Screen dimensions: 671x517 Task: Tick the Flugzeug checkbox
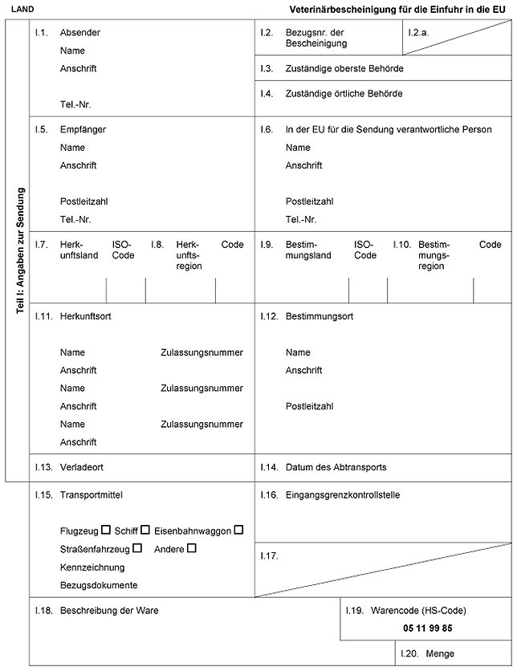(x=106, y=530)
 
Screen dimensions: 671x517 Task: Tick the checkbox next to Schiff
(x=145, y=530)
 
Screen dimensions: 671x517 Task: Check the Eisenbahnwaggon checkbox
(x=238, y=530)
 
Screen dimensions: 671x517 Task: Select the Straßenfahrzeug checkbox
(x=137, y=548)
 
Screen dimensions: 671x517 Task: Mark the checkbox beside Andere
(x=191, y=548)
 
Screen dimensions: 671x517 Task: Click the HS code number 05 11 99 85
(x=423, y=628)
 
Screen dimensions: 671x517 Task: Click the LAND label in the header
(x=22, y=8)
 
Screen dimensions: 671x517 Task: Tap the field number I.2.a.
(x=418, y=31)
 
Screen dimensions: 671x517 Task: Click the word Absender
(x=80, y=33)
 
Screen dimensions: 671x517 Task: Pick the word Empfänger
(x=83, y=129)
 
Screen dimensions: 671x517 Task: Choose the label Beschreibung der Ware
(x=109, y=610)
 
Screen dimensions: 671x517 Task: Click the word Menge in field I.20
(x=440, y=654)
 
